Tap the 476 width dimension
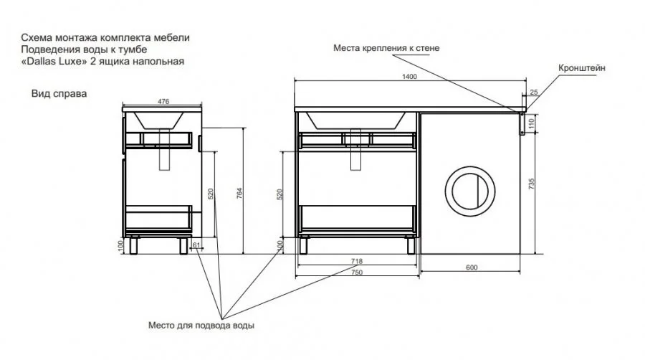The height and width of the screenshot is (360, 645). [163, 102]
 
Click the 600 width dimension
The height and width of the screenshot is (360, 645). [472, 267]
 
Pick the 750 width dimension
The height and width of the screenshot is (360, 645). [356, 273]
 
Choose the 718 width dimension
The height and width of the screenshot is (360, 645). [356, 261]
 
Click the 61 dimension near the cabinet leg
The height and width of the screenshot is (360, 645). [196, 245]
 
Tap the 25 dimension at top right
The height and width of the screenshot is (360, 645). [533, 92]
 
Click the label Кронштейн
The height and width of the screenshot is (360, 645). [582, 67]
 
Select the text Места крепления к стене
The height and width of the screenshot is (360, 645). [386, 48]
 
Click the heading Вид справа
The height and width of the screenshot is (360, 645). [54, 93]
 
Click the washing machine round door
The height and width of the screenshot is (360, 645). [469, 189]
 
